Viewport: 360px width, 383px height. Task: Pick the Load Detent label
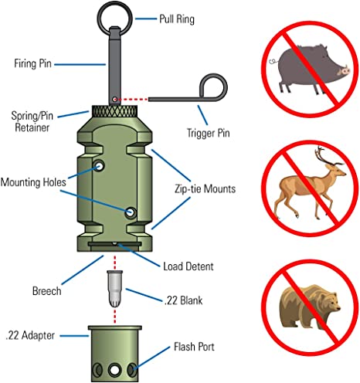[188, 266]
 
